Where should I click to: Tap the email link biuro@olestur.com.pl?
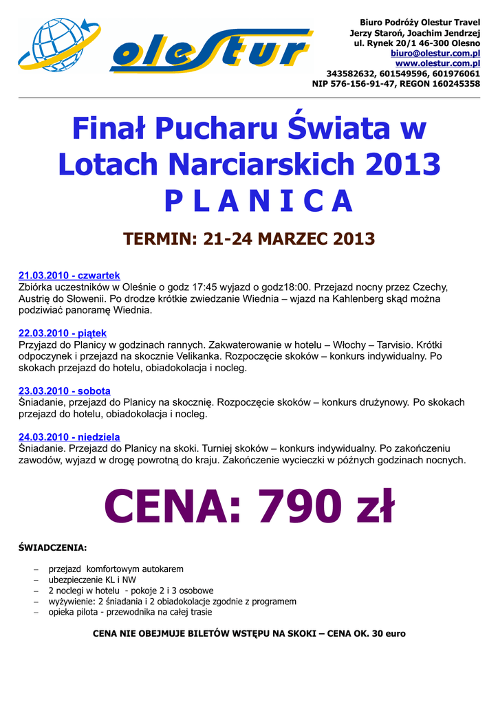pyautogui.click(x=435, y=53)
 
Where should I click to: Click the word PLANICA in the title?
pyautogui.click(x=258, y=200)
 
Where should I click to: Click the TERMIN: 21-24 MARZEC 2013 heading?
pyautogui.click(x=249, y=239)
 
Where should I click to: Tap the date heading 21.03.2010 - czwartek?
pyautogui.click(x=69, y=276)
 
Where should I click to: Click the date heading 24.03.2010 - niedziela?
pyautogui.click(x=69, y=437)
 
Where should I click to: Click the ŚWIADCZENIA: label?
pyautogui.click(x=52, y=548)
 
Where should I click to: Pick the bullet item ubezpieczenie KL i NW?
pyautogui.click(x=92, y=580)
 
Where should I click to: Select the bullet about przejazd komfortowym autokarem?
pyautogui.click(x=116, y=569)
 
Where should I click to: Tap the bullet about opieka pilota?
pyautogui.click(x=130, y=612)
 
